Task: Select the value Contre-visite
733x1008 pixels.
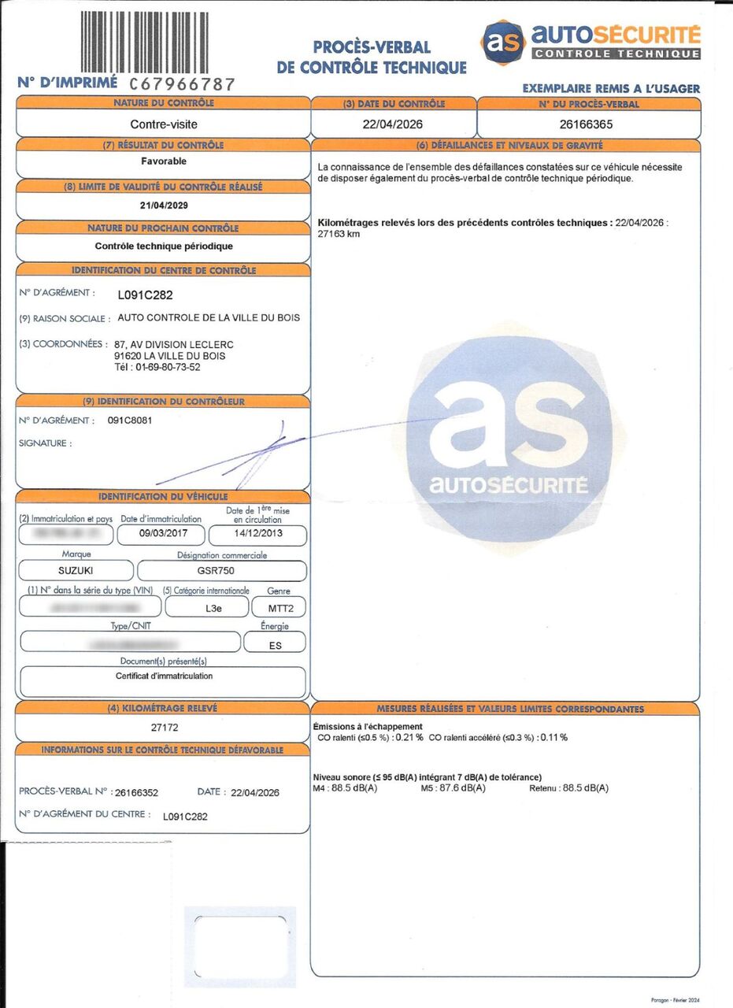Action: coord(163,124)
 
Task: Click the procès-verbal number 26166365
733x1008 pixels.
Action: coord(587,124)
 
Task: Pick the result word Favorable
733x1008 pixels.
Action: coord(165,161)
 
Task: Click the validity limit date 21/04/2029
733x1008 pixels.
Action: coord(164,205)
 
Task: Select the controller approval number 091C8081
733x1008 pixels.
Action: coord(130,421)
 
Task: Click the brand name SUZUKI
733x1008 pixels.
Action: coord(76,571)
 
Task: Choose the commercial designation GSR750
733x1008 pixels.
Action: coord(220,571)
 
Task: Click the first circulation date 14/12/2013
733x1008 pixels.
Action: coord(257,533)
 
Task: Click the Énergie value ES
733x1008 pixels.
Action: coord(275,645)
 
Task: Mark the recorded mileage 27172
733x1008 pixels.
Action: coord(165,728)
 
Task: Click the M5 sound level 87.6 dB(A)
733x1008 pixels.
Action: coord(461,788)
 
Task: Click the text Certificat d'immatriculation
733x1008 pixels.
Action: coord(164,676)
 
